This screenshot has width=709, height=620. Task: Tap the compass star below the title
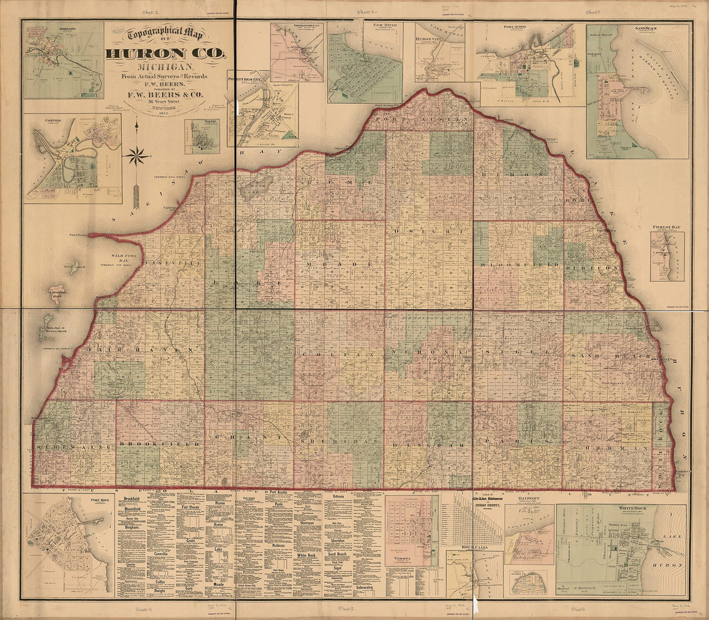[x=136, y=155]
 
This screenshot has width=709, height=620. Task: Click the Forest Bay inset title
[x=666, y=227]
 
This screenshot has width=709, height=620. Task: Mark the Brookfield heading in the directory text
[x=131, y=499]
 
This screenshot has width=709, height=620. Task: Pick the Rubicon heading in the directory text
[x=278, y=545]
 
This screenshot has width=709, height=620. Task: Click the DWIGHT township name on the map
[x=429, y=231]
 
